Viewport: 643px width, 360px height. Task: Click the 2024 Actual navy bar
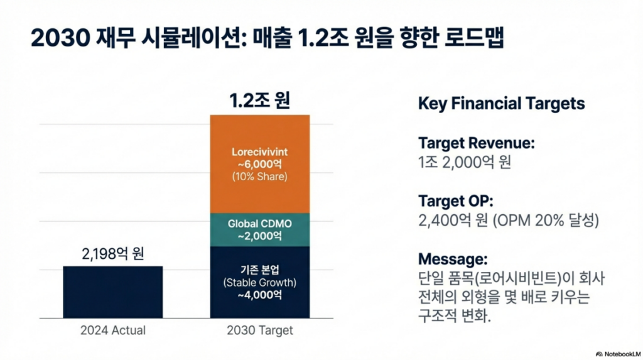click(x=113, y=292)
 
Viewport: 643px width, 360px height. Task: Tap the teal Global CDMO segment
click(x=259, y=229)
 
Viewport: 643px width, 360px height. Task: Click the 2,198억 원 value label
click(x=113, y=254)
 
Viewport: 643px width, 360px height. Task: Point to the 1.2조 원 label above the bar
click(x=259, y=100)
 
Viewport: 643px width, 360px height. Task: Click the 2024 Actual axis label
click(x=113, y=330)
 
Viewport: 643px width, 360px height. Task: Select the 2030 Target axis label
click(x=259, y=330)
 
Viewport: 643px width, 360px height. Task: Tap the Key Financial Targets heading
click(x=501, y=104)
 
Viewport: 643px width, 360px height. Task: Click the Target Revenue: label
click(x=476, y=143)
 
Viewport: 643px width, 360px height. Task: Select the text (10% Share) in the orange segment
click(x=259, y=177)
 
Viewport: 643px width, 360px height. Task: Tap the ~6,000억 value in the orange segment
click(x=259, y=164)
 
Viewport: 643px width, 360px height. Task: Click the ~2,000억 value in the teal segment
click(x=259, y=236)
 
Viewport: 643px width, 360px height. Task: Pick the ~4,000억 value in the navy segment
click(x=259, y=295)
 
